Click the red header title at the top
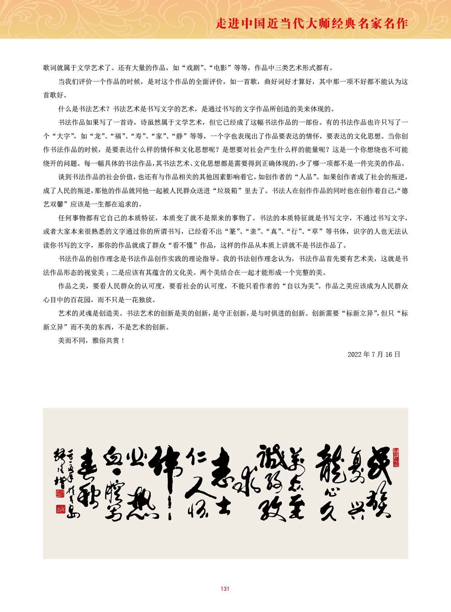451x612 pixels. [x=312, y=24]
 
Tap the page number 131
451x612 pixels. [x=225, y=589]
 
